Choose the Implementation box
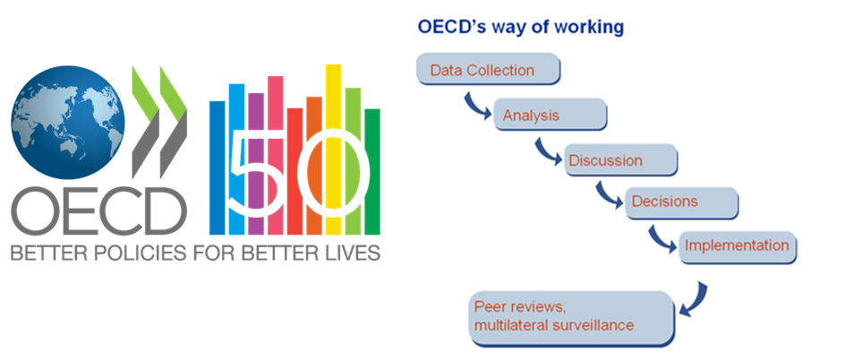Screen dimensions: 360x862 point(738,245)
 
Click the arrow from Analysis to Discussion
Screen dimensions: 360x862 point(544,152)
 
